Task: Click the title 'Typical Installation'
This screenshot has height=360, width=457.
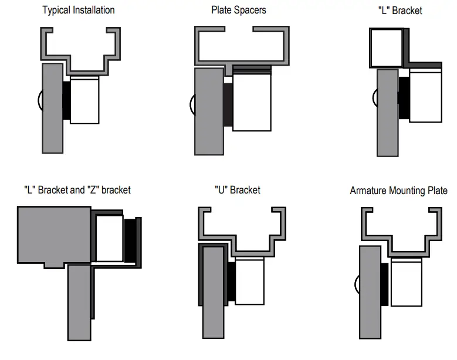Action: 78,10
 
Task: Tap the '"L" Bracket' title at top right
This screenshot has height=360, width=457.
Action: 401,10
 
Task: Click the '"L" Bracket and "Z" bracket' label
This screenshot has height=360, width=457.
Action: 77,190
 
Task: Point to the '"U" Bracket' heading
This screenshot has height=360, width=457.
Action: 237,190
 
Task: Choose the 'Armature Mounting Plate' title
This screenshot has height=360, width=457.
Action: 398,191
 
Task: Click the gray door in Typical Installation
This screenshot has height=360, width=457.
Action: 52,108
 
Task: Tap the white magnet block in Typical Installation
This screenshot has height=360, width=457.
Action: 84,100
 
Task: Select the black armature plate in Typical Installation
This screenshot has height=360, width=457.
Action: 66,101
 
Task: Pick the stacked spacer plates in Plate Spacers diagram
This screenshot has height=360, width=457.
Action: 252,69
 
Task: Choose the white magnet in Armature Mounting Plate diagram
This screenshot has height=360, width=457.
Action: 406,284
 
